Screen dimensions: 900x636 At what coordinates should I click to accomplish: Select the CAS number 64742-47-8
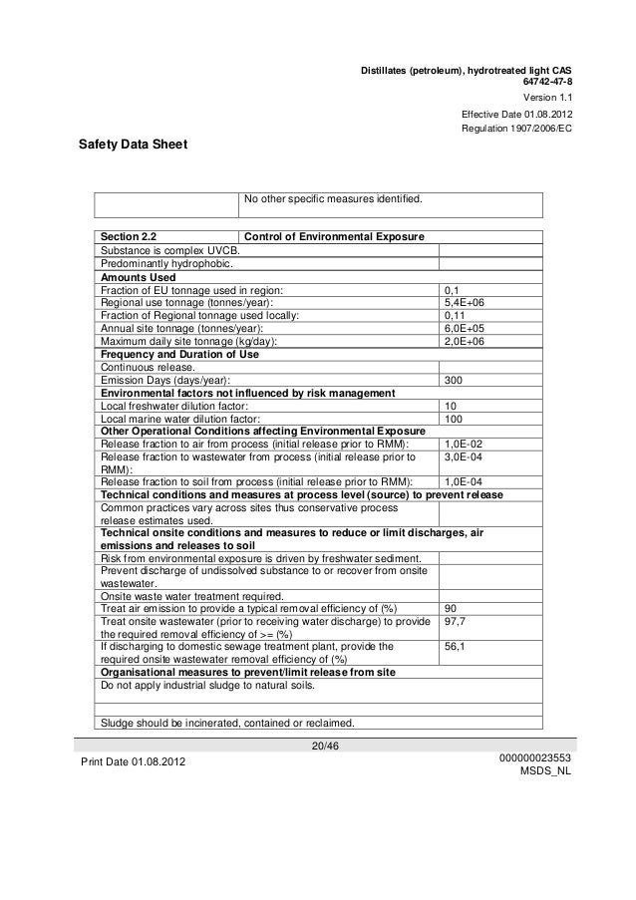click(547, 82)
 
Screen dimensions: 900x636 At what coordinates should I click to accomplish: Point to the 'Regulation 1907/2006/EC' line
click(515, 131)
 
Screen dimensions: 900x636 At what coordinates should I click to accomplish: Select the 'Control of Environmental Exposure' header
click(335, 236)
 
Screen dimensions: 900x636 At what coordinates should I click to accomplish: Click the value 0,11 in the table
click(454, 315)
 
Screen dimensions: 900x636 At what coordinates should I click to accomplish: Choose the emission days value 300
click(453, 380)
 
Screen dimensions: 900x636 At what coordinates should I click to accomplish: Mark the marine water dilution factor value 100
click(453, 419)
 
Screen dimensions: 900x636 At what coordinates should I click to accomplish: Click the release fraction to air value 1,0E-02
click(463, 445)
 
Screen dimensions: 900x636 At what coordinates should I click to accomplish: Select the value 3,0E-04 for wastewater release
click(463, 457)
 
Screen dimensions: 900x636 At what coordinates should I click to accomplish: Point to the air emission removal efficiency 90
click(451, 607)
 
